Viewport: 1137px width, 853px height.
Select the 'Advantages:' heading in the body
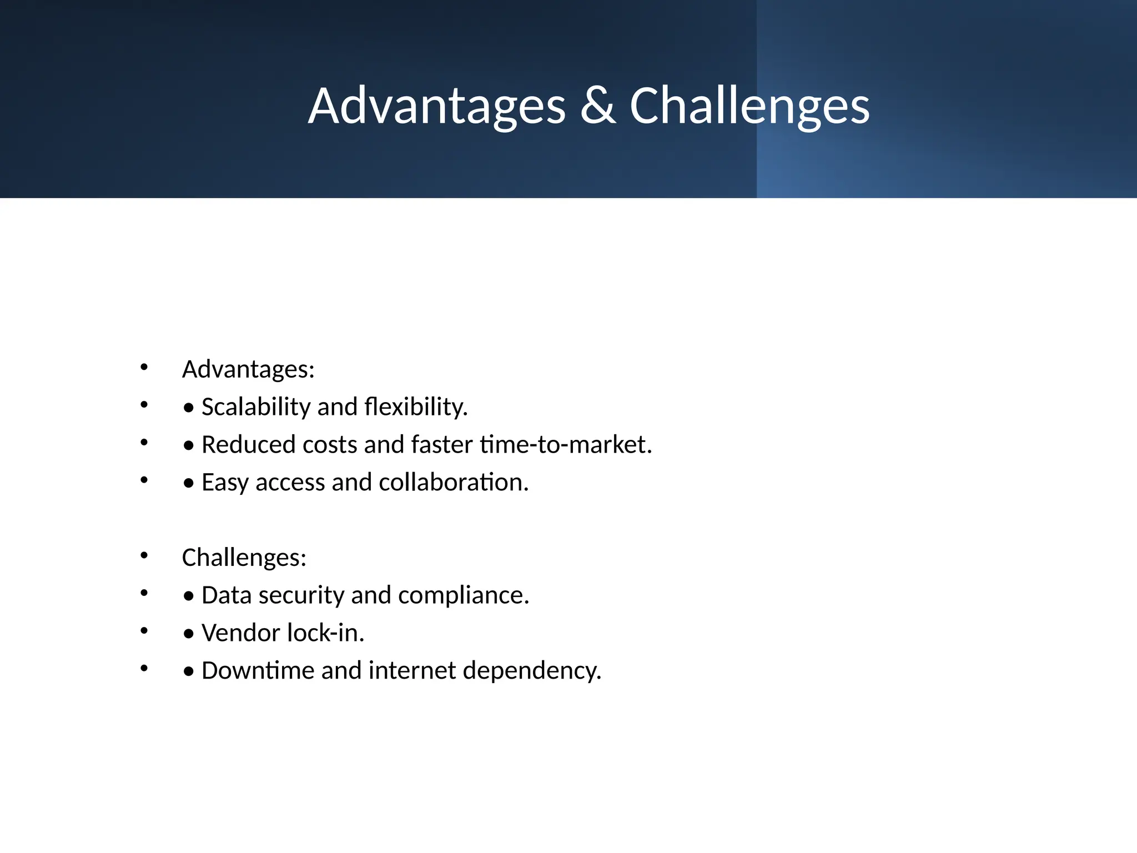coord(248,369)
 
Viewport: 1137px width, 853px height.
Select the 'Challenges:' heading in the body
coord(244,558)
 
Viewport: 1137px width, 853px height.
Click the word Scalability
coord(255,407)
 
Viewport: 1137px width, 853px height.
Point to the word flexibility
coord(416,407)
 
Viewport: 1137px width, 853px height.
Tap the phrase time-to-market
coord(566,445)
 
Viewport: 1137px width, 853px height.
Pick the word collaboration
coord(453,483)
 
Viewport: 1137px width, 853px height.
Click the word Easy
coord(225,483)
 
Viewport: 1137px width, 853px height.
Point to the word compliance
coord(464,595)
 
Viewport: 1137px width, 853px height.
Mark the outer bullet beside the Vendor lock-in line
coord(144,631)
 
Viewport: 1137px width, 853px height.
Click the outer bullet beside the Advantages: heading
coord(144,367)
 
